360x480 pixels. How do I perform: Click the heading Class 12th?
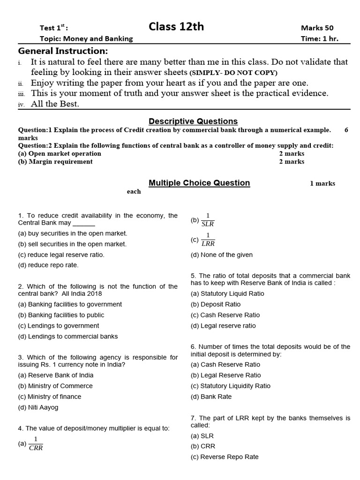coord(176,27)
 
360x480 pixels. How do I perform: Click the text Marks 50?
coord(317,28)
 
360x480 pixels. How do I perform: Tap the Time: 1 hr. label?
coord(319,39)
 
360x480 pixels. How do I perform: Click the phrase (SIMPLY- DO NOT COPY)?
coord(233,73)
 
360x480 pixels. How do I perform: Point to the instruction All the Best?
coord(55,104)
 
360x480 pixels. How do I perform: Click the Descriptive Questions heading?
coord(193,121)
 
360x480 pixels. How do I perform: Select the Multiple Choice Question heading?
coord(199,183)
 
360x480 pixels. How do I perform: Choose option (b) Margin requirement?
coord(55,162)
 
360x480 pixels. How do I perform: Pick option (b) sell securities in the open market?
coord(72,244)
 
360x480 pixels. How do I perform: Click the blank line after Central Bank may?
coord(84,224)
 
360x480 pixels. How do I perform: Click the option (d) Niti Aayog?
coord(38,407)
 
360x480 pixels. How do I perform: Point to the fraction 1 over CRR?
coord(36,443)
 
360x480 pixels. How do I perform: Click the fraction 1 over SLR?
coord(208,220)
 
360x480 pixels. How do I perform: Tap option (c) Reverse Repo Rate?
coord(225,457)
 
